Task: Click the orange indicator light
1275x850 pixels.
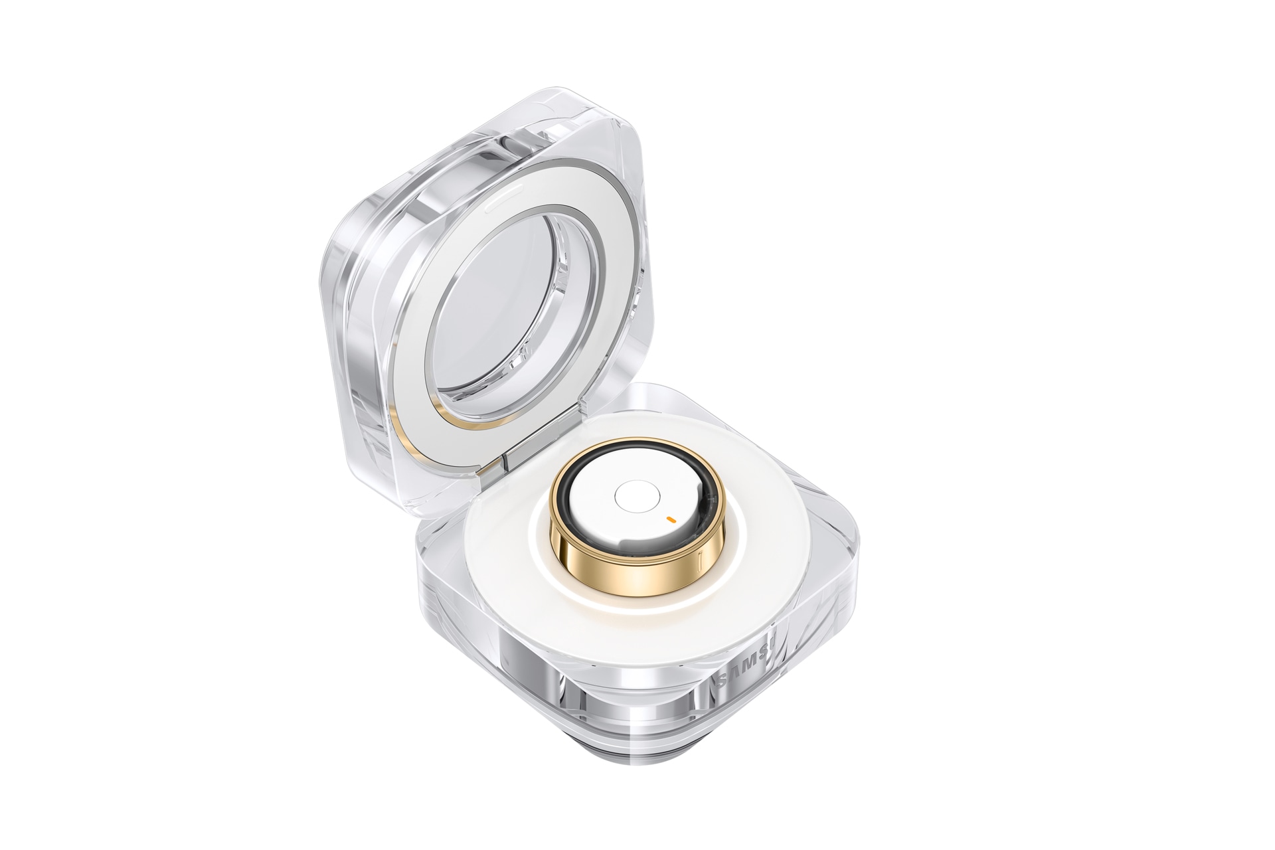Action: (671, 516)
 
